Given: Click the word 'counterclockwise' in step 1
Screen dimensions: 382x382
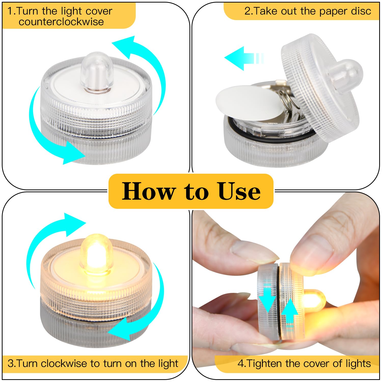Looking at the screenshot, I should (x=61, y=22).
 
